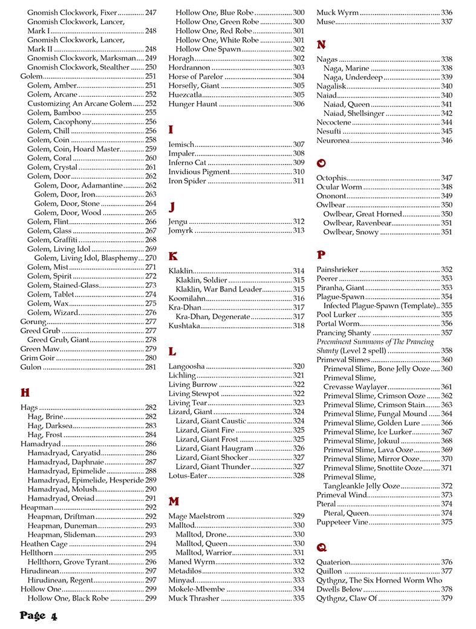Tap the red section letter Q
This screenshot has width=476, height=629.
tap(322, 547)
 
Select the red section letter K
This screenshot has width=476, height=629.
tap(173, 256)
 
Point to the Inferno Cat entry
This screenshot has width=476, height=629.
tap(187, 163)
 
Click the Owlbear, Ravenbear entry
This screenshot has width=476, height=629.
tap(357, 223)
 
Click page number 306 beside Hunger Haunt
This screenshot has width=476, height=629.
tap(298, 104)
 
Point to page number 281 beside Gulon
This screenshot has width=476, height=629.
tap(151, 367)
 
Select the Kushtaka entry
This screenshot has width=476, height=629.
tap(184, 326)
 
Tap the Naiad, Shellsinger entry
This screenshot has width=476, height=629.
tap(353, 113)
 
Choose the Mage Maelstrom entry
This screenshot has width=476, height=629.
tap(197, 517)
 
